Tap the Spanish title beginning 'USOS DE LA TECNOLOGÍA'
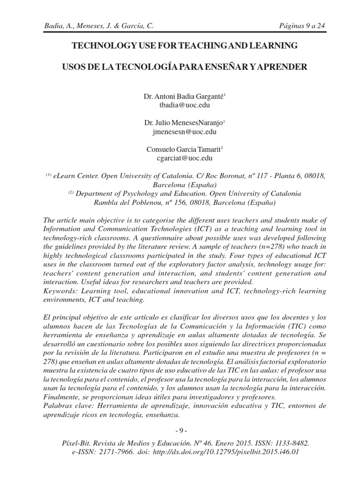185,67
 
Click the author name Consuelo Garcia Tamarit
184,149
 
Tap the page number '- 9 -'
181,431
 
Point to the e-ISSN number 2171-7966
110,452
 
